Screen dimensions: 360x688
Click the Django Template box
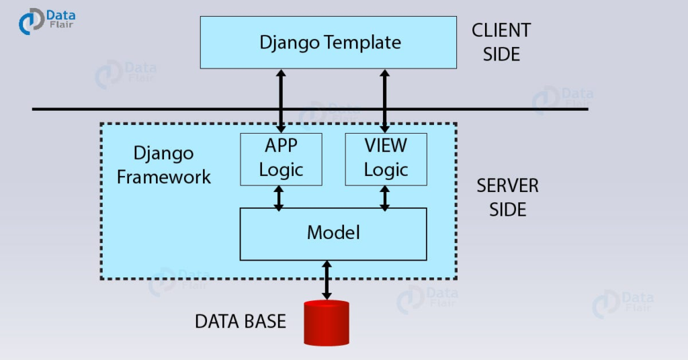(329, 42)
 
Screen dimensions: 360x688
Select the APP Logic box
(281, 159)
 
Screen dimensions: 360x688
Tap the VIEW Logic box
(386, 159)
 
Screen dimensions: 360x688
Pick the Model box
(333, 234)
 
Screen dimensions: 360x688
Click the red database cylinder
(327, 322)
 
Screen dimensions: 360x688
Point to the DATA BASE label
(241, 321)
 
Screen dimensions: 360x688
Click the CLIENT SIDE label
(501, 42)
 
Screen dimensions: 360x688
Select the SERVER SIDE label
(507, 197)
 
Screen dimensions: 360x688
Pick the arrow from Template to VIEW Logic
(386, 100)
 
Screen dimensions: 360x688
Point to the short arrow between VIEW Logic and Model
(385, 197)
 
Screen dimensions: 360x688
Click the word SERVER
(507, 186)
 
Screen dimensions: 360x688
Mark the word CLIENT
(501, 30)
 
